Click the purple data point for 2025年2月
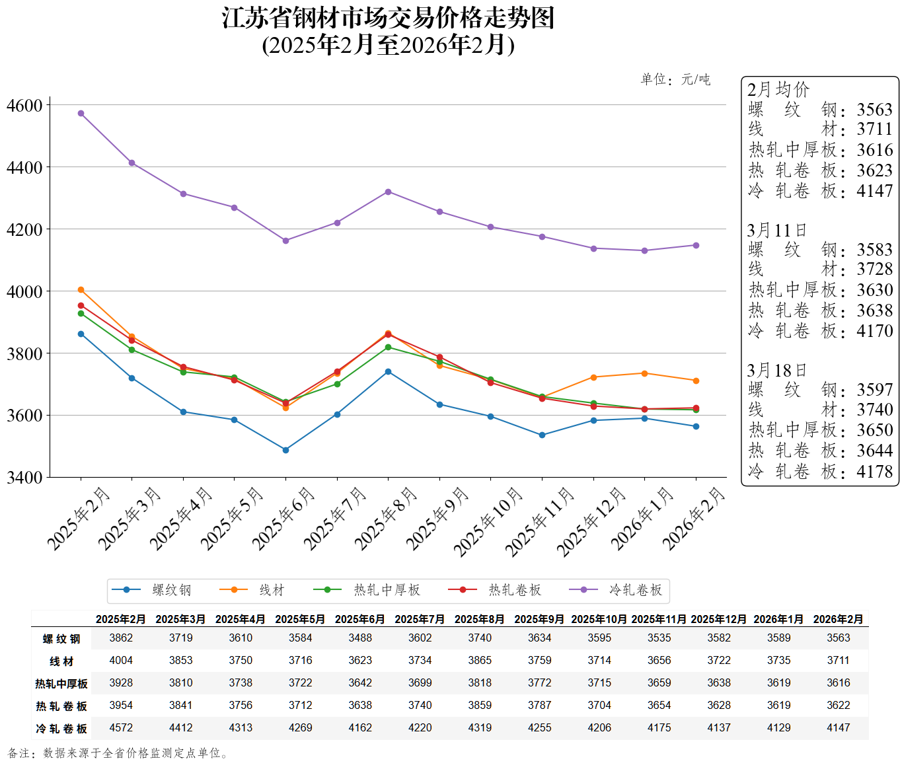[x=81, y=114]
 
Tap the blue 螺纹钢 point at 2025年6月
[x=285, y=450]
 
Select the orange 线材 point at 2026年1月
[x=644, y=373]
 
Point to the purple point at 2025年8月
[x=388, y=192]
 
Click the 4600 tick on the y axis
[x=24, y=105]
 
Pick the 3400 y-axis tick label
[x=24, y=477]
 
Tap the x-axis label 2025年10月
[x=488, y=522]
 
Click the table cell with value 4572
[x=121, y=727]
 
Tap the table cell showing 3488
[x=360, y=638]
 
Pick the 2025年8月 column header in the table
[x=480, y=619]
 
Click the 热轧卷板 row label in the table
[x=61, y=706]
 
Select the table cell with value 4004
[x=121, y=660]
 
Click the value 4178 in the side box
[x=874, y=472]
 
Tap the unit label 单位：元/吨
[x=675, y=80]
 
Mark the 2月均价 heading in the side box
[x=778, y=90]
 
